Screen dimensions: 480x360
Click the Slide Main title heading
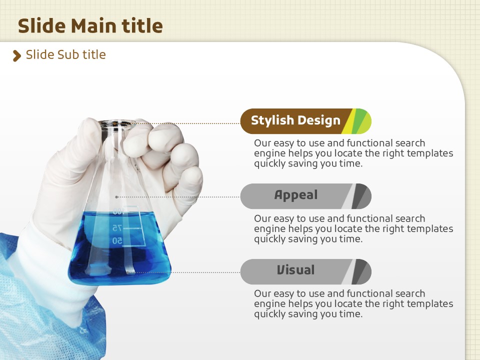[x=90, y=25]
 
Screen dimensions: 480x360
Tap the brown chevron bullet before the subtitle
[x=17, y=56]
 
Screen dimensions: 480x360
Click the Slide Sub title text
[x=66, y=55]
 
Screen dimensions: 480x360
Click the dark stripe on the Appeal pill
[x=359, y=196]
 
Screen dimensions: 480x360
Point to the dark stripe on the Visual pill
[x=359, y=271]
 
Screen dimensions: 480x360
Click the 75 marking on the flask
[x=117, y=228]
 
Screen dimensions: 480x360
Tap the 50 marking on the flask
[x=117, y=241]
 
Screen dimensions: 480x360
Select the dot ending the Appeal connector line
[x=116, y=197]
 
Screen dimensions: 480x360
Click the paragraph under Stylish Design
[x=353, y=153]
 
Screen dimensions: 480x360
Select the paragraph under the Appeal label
[x=353, y=228]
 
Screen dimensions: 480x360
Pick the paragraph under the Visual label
[x=353, y=303]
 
